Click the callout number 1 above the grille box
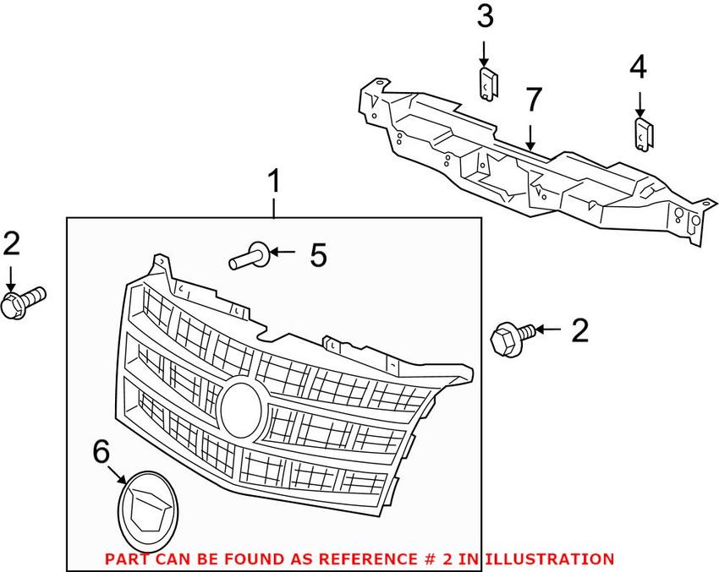[274, 181]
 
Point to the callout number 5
[318, 254]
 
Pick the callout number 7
[531, 100]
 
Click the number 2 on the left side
[11, 243]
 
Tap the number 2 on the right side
[579, 330]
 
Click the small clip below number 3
[488, 84]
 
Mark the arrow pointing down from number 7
[530, 135]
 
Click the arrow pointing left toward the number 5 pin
[284, 252]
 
